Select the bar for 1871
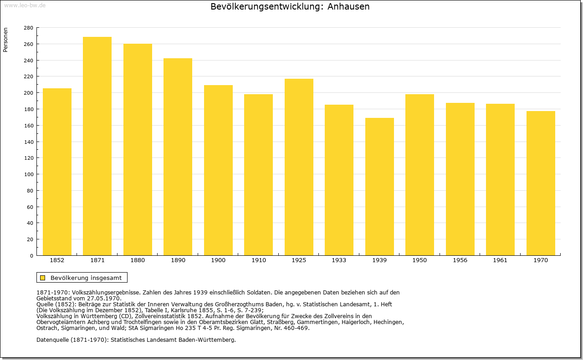pyautogui.click(x=97, y=146)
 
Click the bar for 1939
pyautogui.click(x=379, y=187)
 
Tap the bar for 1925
pyautogui.click(x=299, y=167)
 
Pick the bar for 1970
pyautogui.click(x=541, y=183)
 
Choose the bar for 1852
pyautogui.click(x=57, y=172)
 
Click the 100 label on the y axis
pyautogui.click(x=29, y=174)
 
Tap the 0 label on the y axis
pyautogui.click(x=31, y=256)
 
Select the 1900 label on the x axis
pyautogui.click(x=218, y=260)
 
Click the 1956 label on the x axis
pyautogui.click(x=460, y=260)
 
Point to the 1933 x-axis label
pyautogui.click(x=339, y=260)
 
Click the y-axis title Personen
pyautogui.click(x=5, y=40)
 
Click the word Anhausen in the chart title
pyautogui.click(x=348, y=6)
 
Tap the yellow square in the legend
pyautogui.click(x=43, y=278)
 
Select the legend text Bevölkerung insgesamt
pyautogui.click(x=86, y=278)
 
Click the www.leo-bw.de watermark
pyautogui.click(x=25, y=5)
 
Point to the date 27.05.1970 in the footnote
pyautogui.click(x=105, y=299)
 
